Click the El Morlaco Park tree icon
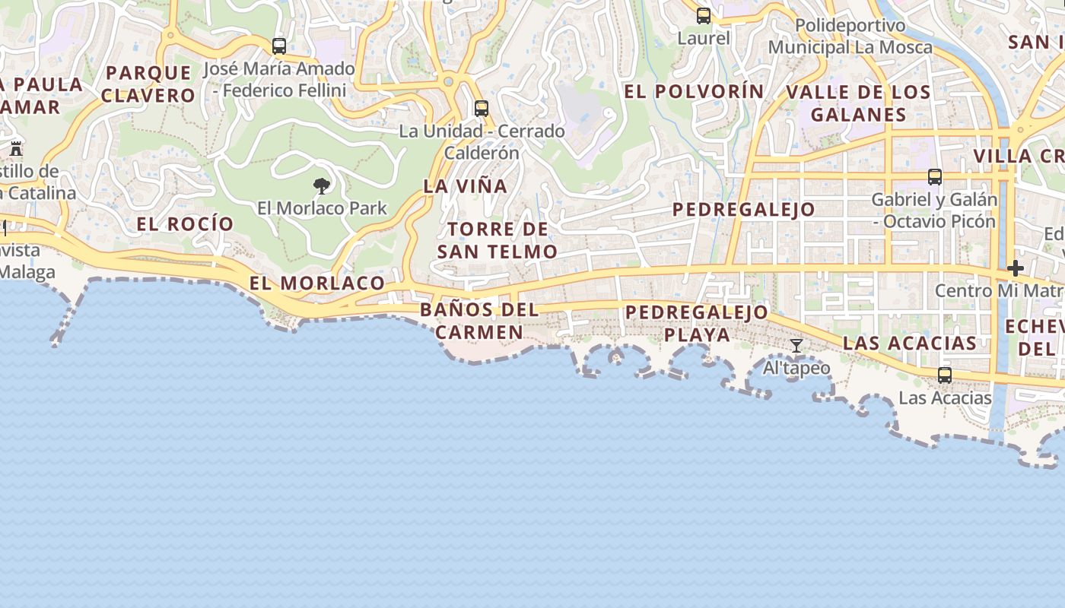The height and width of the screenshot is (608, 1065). coord(322,185)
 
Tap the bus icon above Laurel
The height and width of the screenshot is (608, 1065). coord(704,15)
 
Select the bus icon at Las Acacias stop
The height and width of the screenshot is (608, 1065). coord(945,375)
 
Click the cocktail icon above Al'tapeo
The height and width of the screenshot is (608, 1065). coord(796,347)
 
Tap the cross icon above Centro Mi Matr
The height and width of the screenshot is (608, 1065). coord(1016,268)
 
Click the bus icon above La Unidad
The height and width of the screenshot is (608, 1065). coord(482,109)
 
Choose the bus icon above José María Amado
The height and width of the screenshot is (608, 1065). coord(279,46)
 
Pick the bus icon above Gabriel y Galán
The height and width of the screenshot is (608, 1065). coord(935,177)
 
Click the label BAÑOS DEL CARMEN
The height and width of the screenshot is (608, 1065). coord(479,321)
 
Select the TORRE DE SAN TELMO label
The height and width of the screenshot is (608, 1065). coord(498,240)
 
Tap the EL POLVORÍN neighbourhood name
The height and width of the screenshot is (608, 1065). coord(694,91)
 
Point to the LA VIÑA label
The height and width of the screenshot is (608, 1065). coord(465,186)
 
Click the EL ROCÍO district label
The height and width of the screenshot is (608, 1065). coord(185,224)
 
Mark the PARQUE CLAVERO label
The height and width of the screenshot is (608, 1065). coord(148,84)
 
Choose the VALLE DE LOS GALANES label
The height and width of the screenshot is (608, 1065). coord(858,103)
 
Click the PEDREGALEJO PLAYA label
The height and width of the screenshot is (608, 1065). coord(697,324)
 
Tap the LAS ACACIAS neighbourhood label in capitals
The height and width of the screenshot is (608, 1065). coord(909,343)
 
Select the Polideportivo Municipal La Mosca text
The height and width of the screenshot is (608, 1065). coord(850,36)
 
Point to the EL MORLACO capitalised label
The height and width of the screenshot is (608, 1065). coord(317,283)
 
